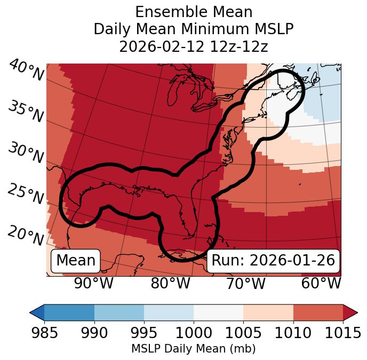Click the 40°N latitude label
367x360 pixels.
26,71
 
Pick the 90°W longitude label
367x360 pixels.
94,283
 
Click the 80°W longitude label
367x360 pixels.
170,283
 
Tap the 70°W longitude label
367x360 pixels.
245,283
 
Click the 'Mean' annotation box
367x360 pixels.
76,261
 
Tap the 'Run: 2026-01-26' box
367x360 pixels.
273,261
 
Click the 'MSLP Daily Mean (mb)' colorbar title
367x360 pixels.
194,349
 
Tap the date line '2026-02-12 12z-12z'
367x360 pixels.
194,47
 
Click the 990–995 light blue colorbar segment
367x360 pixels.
119,312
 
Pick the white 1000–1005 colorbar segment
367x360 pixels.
218,312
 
